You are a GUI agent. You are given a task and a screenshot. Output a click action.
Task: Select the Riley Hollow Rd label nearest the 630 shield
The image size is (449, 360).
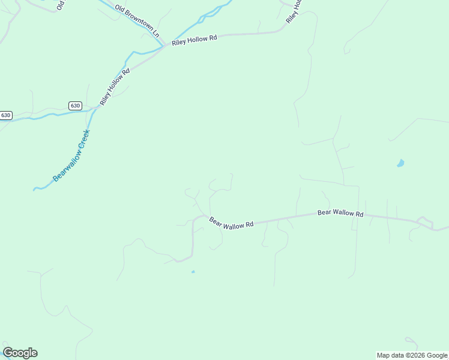tap(115, 88)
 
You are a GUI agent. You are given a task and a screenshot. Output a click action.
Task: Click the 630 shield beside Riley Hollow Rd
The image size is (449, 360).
tap(74, 106)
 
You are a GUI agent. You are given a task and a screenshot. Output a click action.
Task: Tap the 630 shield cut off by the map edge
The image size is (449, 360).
tap(5, 115)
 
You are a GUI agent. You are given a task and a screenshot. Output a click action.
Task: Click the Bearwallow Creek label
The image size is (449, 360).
tap(71, 155)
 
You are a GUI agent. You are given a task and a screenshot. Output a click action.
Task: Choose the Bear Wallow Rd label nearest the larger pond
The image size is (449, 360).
tap(340, 213)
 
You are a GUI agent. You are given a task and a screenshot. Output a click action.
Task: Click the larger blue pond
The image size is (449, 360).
tap(400, 163)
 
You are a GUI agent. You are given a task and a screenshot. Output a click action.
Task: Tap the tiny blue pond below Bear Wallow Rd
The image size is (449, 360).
tap(193, 272)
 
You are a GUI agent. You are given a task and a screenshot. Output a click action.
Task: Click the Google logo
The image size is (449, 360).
tap(20, 353)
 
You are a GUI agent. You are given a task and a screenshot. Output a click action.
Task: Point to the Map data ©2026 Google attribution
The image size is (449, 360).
tap(412, 355)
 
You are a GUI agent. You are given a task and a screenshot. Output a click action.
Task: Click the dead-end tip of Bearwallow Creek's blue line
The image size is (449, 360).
tap(34, 190)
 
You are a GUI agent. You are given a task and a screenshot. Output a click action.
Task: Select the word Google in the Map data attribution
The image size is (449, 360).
tap(437, 355)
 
